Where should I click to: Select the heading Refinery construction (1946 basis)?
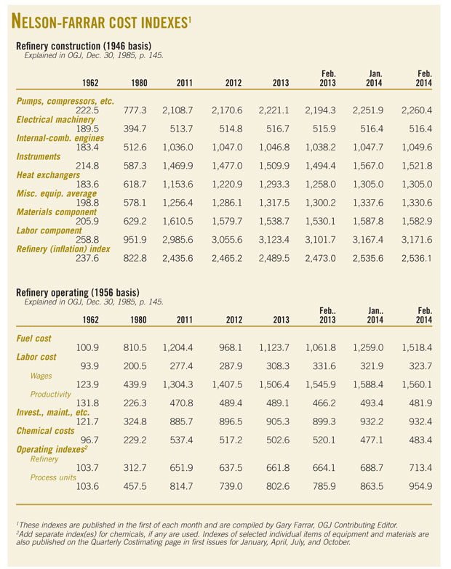tap(85, 46)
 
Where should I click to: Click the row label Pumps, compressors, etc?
tap(65, 101)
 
